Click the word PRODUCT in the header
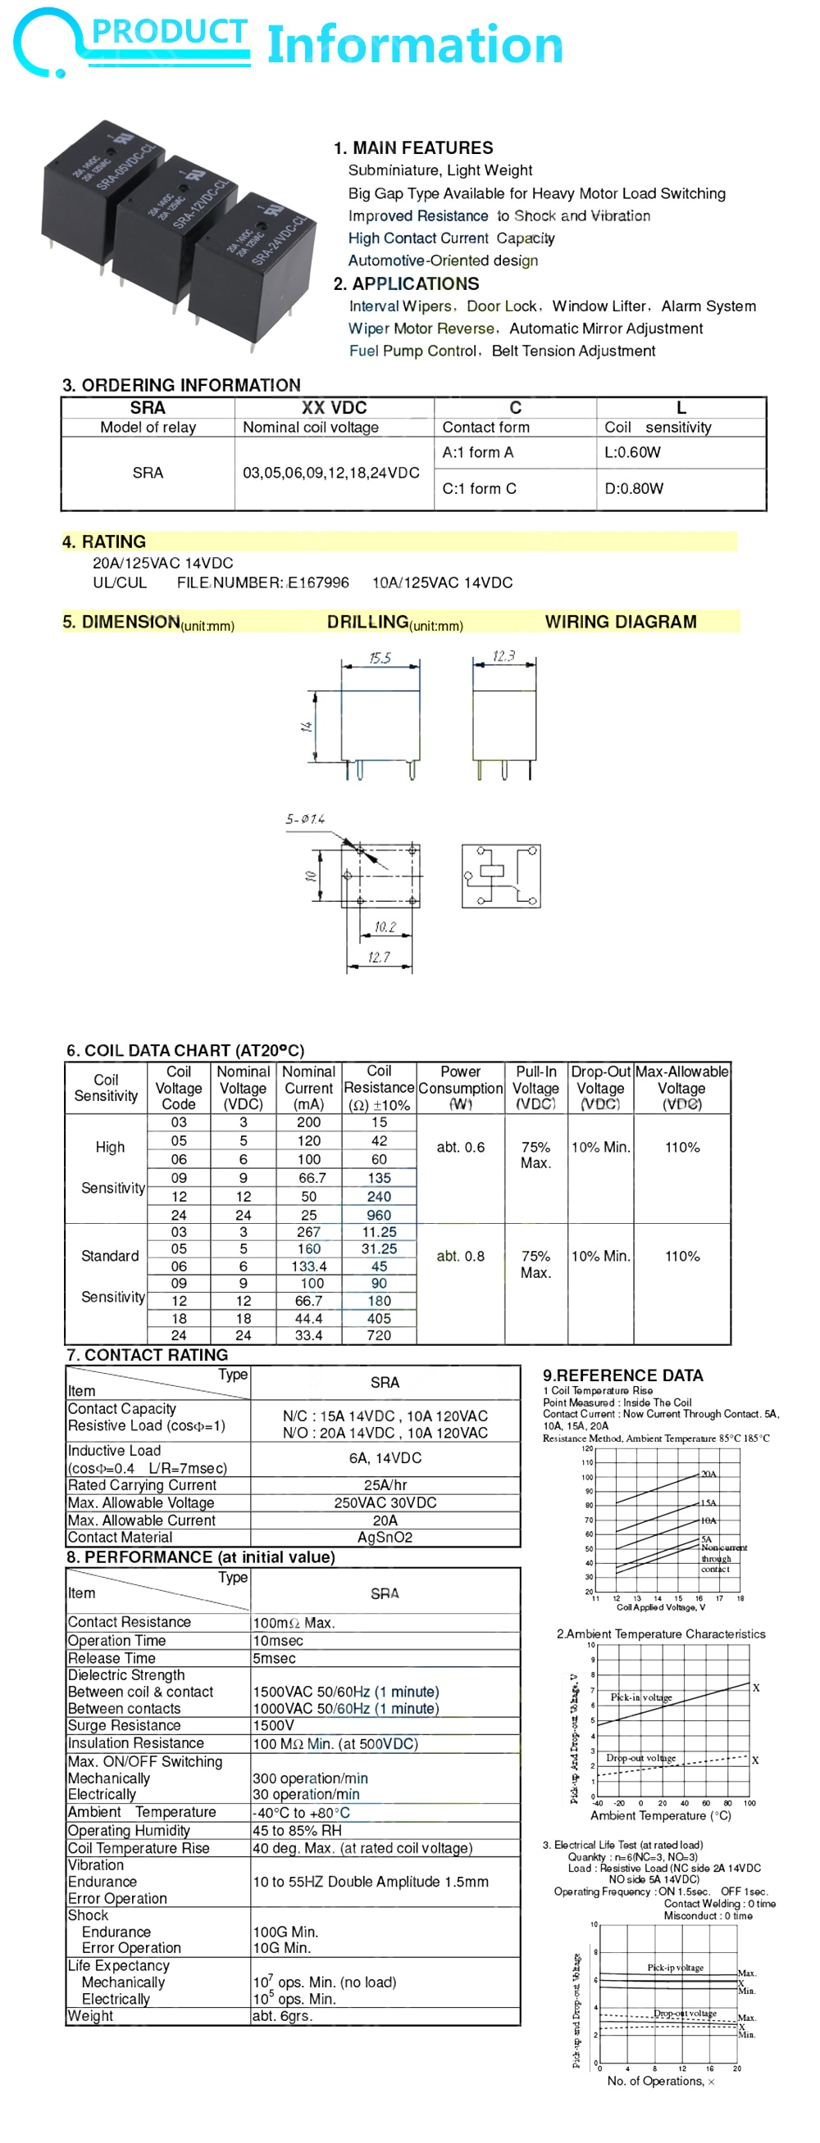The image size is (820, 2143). click(169, 32)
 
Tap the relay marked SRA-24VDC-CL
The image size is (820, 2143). click(253, 263)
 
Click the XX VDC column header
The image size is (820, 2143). click(334, 408)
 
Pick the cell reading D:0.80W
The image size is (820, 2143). click(634, 488)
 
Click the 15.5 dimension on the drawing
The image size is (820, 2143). click(380, 658)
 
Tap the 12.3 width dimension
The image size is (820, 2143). click(503, 655)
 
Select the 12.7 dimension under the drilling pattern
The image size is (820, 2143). click(379, 957)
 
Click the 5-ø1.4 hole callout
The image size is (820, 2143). click(305, 819)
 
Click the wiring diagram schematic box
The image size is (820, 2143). click(500, 875)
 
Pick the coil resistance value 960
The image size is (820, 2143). click(379, 1215)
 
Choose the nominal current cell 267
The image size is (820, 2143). click(308, 1231)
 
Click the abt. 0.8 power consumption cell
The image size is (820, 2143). click(460, 1255)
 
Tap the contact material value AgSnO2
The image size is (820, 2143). click(385, 1538)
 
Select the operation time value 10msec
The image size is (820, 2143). click(278, 1641)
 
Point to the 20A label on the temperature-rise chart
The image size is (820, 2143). click(708, 1473)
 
